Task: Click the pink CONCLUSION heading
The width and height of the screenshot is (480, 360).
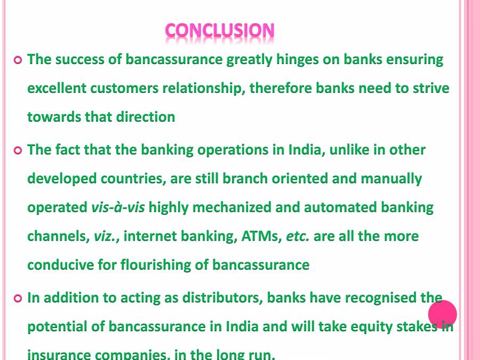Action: pyautogui.click(x=220, y=30)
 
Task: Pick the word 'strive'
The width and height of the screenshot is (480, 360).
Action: pyautogui.click(x=431, y=88)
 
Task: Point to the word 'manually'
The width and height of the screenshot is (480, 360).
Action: pyautogui.click(x=391, y=178)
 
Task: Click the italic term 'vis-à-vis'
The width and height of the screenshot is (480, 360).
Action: pyautogui.click(x=118, y=207)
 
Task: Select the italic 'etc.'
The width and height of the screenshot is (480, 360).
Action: pyautogui.click(x=298, y=236)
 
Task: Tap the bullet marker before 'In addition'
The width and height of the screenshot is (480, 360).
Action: pyautogui.click(x=18, y=298)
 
